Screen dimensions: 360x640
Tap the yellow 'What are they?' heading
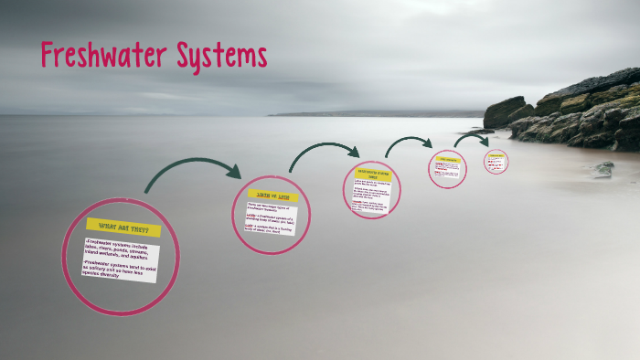point(123,228)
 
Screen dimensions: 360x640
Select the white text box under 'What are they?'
point(119,260)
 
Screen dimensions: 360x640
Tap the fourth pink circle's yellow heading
point(448,159)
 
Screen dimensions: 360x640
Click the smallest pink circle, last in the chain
point(496,162)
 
